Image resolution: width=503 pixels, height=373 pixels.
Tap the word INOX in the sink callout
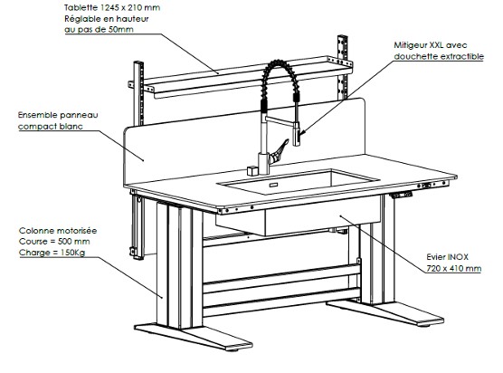pyautogui.click(x=458, y=257)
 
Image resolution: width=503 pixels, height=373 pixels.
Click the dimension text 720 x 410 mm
pyautogui.click(x=454, y=268)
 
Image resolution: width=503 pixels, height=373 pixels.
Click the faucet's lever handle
pyautogui.click(x=279, y=152)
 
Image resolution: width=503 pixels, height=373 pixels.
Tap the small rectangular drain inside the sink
pyautogui.click(x=273, y=185)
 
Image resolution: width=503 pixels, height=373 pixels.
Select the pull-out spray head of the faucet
pyautogui.click(x=297, y=133)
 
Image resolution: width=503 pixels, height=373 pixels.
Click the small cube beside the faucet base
pyautogui.click(x=252, y=170)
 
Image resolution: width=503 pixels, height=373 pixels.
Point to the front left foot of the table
pyautogui.click(x=194, y=337)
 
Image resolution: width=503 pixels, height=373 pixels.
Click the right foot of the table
pyautogui.click(x=385, y=312)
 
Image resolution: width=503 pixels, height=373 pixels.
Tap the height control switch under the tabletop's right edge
pyautogui.click(x=401, y=195)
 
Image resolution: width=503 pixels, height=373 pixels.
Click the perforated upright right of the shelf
pyautogui.click(x=342, y=67)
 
